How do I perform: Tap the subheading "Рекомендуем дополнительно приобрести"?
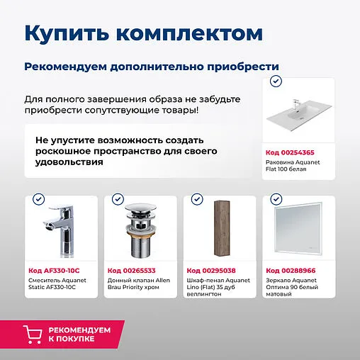point(152,66)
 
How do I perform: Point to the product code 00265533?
point(132,271)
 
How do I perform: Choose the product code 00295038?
point(210,271)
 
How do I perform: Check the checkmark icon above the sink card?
point(276,83)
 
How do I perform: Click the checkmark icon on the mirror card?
point(276,201)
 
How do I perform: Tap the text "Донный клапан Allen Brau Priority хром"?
point(139,285)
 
